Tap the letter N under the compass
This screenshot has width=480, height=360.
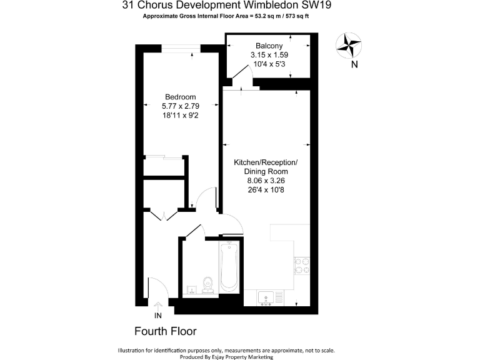pos(354,64)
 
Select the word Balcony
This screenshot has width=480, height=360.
pos(269,46)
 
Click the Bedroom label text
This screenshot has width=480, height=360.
pos(180,97)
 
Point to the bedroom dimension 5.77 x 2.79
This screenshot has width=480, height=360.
pos(180,106)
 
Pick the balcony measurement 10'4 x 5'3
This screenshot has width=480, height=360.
pos(269,64)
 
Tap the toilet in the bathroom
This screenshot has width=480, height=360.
pos(209,284)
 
